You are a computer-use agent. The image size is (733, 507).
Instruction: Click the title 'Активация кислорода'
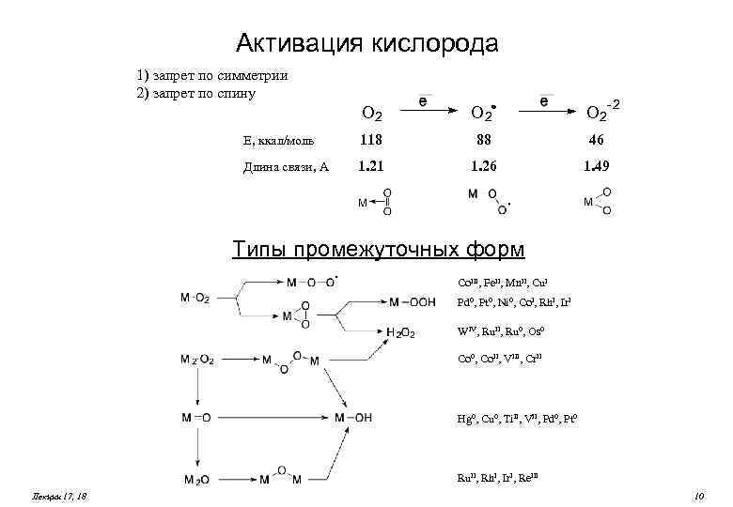[366, 43]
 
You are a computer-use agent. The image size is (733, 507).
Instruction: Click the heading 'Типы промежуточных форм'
[379, 249]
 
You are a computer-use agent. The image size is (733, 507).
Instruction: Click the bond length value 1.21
[371, 167]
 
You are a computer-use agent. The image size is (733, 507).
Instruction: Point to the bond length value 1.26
[482, 167]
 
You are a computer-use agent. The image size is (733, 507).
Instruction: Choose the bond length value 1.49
[598, 167]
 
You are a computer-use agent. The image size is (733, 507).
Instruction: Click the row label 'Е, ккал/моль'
[277, 142]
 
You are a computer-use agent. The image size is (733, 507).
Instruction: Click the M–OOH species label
[412, 301]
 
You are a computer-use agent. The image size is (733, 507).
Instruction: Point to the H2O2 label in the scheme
[400, 332]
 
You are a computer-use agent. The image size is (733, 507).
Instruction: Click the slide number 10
[697, 495]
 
